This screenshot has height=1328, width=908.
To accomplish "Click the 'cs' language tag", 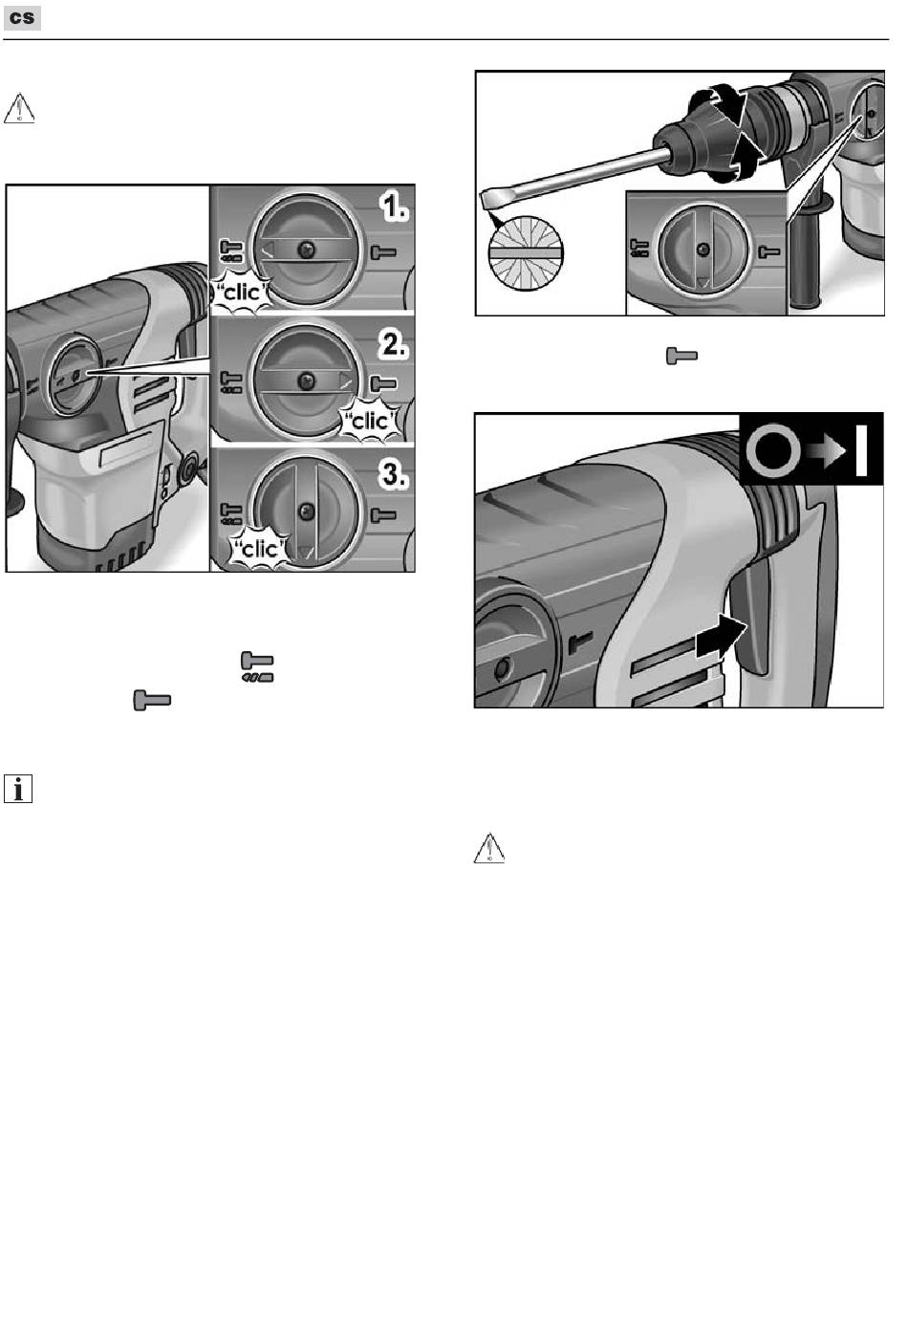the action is tap(22, 18).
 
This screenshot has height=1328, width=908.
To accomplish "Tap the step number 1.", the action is tap(394, 208).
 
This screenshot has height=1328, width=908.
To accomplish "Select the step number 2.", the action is tap(394, 344).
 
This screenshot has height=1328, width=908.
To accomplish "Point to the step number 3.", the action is tap(394, 475).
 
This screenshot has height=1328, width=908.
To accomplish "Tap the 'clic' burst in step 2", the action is tap(371, 422).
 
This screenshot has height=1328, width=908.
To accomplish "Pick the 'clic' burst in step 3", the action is tap(259, 550).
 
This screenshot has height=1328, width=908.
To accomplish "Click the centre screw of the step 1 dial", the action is tap(306, 250).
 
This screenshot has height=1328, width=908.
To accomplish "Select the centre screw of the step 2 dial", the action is tap(306, 381).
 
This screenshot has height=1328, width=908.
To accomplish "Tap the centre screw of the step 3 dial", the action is tap(306, 512).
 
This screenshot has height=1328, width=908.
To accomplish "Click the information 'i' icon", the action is tap(18, 789).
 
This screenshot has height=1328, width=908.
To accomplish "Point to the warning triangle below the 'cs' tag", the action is tap(19, 108).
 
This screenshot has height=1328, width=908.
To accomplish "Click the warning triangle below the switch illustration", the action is tap(489, 848).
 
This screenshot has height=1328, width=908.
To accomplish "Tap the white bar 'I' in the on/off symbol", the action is tap(862, 450).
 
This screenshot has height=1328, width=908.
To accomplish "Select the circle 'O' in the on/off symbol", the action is tap(773, 451).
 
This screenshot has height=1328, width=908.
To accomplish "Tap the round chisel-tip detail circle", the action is tap(526, 252).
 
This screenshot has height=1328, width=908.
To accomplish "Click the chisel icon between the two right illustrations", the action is tap(682, 356).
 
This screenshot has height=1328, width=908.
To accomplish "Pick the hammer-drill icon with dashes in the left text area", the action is tap(257, 667).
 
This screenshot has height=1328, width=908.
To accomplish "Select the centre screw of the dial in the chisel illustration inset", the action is tap(703, 250).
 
